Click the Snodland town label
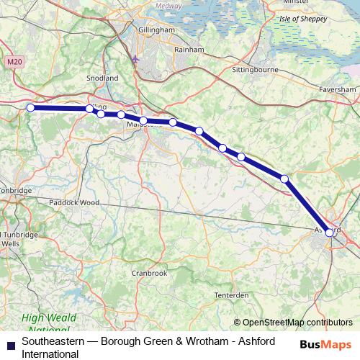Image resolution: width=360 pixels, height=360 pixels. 102,77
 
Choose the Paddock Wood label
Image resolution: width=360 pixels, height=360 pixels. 74,202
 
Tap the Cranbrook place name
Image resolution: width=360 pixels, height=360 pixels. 150,273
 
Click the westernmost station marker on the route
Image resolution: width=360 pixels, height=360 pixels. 30,108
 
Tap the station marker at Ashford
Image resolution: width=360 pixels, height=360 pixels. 329,232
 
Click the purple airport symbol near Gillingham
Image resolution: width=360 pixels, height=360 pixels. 137,58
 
